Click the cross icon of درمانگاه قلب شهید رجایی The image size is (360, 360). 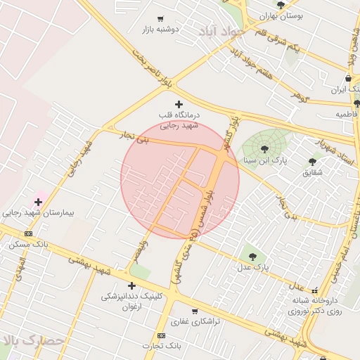click(178, 105)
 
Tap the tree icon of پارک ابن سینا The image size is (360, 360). click(264, 149)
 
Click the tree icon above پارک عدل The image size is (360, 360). click(252, 256)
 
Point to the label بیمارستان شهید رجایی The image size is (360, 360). click(38, 212)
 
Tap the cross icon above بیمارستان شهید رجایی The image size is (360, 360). click(38, 202)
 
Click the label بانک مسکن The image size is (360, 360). click(29, 244)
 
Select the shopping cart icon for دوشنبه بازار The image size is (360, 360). click(161, 19)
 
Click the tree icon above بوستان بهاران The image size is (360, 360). click(281, 5)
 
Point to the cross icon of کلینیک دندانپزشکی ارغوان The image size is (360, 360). click(131, 285)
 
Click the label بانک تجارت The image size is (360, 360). click(160, 345)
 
